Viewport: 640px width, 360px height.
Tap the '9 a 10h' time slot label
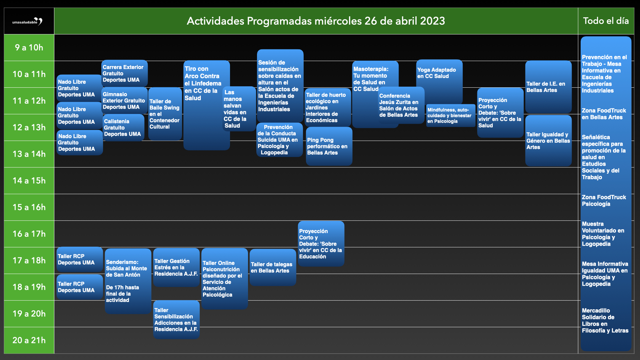pos(29,48)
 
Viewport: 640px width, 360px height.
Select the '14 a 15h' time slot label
pos(29,181)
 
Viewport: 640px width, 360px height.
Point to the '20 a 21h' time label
pos(29,340)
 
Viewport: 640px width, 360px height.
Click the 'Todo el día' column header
pos(606,21)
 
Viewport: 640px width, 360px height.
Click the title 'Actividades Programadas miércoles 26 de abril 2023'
pos(316,21)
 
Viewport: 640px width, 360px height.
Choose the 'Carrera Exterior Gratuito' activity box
pos(125,73)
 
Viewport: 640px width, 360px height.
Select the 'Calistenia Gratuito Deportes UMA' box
pos(123,128)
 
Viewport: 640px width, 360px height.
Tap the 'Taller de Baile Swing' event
pos(165,114)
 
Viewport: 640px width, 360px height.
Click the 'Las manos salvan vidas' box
pos(239,109)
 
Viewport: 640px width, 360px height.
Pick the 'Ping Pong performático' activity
pos(329,146)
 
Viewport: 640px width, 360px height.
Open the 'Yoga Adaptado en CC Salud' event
pos(439,82)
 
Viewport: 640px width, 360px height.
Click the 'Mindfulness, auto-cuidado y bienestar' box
pos(451,115)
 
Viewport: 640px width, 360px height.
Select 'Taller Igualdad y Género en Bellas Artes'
pos(548,141)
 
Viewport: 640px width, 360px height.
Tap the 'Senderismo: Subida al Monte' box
pos(128,281)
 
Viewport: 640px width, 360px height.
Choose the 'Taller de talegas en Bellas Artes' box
pos(273,267)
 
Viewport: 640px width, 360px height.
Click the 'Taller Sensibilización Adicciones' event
pos(176,320)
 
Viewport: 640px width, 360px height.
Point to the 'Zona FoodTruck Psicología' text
pos(604,201)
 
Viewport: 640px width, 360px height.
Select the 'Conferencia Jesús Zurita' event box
pos(401,105)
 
